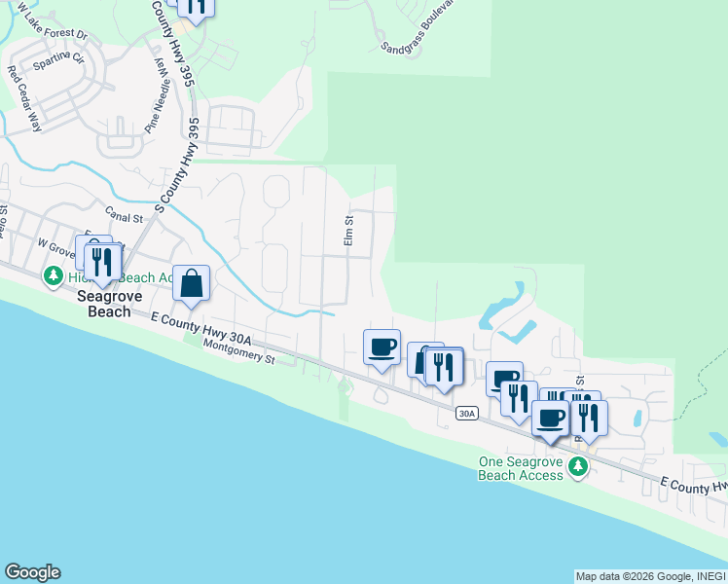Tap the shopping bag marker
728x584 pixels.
(x=192, y=284)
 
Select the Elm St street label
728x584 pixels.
(x=347, y=231)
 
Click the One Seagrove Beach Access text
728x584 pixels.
(x=521, y=468)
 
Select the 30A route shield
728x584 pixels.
(x=467, y=414)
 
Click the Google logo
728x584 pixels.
(x=32, y=572)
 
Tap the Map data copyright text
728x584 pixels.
(x=650, y=576)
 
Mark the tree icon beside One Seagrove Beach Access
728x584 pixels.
(x=579, y=468)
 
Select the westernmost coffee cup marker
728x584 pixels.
(x=382, y=346)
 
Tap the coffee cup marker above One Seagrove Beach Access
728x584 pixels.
(x=550, y=418)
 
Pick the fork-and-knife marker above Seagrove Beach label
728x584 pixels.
(x=102, y=261)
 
